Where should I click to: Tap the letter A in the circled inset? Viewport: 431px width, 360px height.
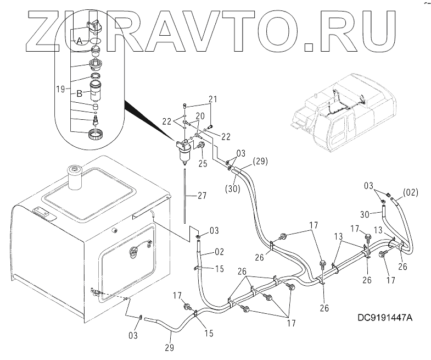pyautogui.click(x=79, y=41)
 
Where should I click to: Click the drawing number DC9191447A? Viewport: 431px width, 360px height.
pyautogui.click(x=385, y=318)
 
